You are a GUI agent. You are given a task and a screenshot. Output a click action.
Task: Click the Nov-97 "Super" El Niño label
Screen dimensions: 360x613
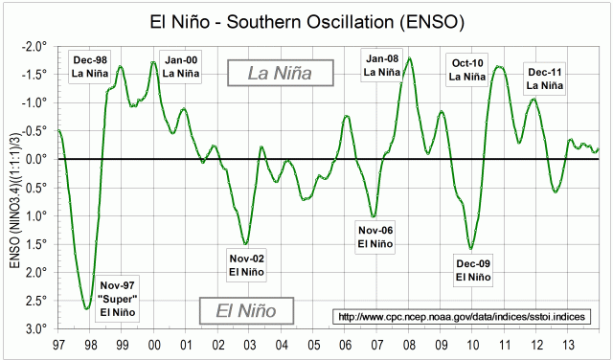coord(118,299)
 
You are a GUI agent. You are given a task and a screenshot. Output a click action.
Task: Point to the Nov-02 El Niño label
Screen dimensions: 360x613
coord(247,264)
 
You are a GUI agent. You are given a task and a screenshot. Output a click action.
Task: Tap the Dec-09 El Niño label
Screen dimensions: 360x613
coord(473,270)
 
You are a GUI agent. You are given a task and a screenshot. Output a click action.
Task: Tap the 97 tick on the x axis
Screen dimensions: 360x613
coord(58,344)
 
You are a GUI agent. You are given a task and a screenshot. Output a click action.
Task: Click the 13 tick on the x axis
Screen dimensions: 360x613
coord(567,344)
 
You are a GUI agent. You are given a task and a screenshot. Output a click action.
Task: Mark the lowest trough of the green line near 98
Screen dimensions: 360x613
coord(87,308)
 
